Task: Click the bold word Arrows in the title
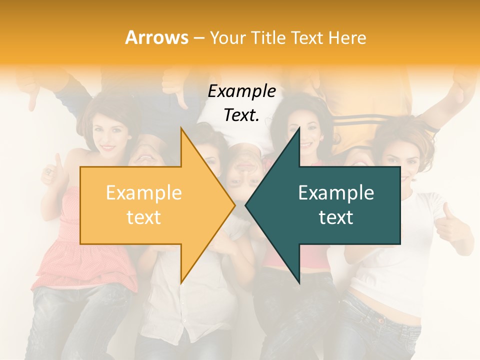[156, 37]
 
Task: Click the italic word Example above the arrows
[242, 91]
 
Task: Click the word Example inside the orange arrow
[144, 193]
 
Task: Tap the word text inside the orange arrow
[144, 217]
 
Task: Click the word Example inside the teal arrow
[336, 193]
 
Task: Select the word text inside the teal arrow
[336, 217]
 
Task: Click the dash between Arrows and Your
[198, 38]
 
